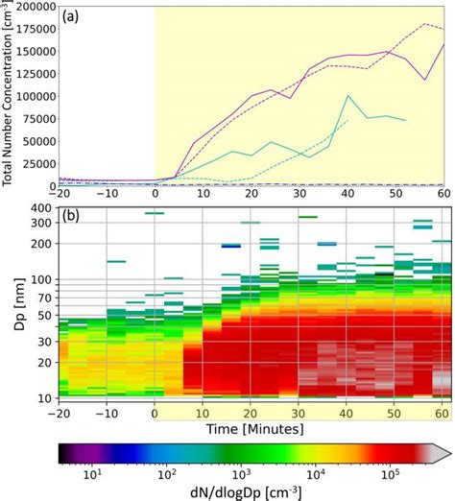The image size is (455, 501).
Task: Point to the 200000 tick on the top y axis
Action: pos(33,7)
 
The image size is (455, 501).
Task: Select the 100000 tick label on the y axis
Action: pos(33,96)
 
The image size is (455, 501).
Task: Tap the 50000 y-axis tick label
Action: pos(36,141)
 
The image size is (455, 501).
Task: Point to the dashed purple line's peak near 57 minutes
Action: pos(424,23)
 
